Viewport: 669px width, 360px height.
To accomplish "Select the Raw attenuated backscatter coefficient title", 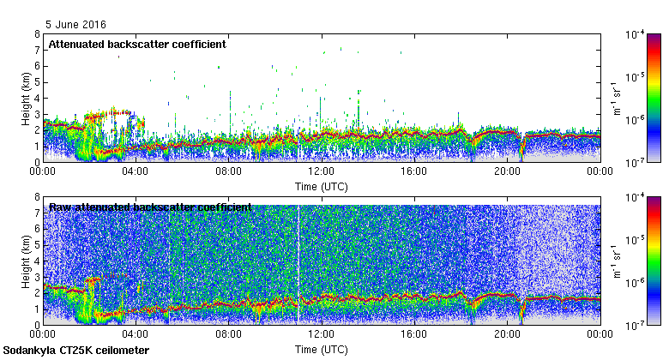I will click(x=150, y=207).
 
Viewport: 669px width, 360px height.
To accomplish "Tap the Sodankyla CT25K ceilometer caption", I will click(x=76, y=351).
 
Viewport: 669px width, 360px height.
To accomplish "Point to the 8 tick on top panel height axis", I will click(x=36, y=34).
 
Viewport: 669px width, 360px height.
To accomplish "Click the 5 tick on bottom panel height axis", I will click(x=36, y=245).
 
